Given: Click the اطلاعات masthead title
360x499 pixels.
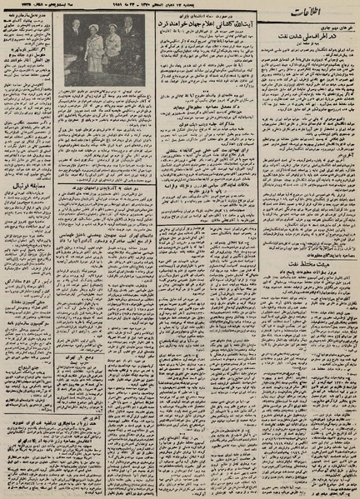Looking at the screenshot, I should tap(323, 13).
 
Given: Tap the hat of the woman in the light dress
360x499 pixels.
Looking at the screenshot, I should tap(92, 28).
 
